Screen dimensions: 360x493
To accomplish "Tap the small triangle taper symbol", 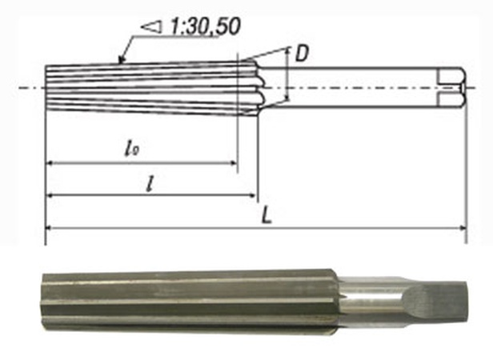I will tap(152, 28).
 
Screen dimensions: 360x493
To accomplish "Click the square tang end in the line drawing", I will tap(452, 84).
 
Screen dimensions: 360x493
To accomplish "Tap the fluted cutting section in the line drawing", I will tap(144, 84).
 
